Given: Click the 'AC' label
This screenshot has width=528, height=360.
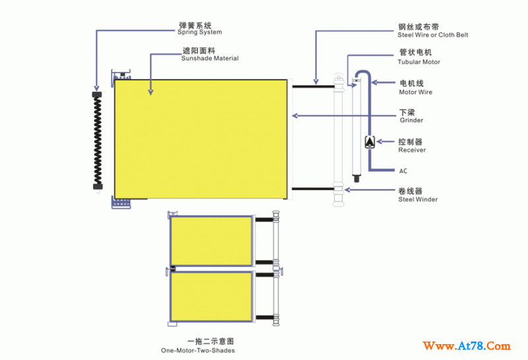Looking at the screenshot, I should click(403, 171).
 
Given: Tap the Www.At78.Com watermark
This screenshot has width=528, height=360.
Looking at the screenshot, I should click(467, 346).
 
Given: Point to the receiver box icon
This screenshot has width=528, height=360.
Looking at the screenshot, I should click(370, 141).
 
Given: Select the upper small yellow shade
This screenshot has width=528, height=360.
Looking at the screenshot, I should click(211, 241).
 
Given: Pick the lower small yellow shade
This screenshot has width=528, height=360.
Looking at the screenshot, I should click(211, 296).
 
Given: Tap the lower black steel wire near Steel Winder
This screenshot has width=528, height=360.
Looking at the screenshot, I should click(313, 189).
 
